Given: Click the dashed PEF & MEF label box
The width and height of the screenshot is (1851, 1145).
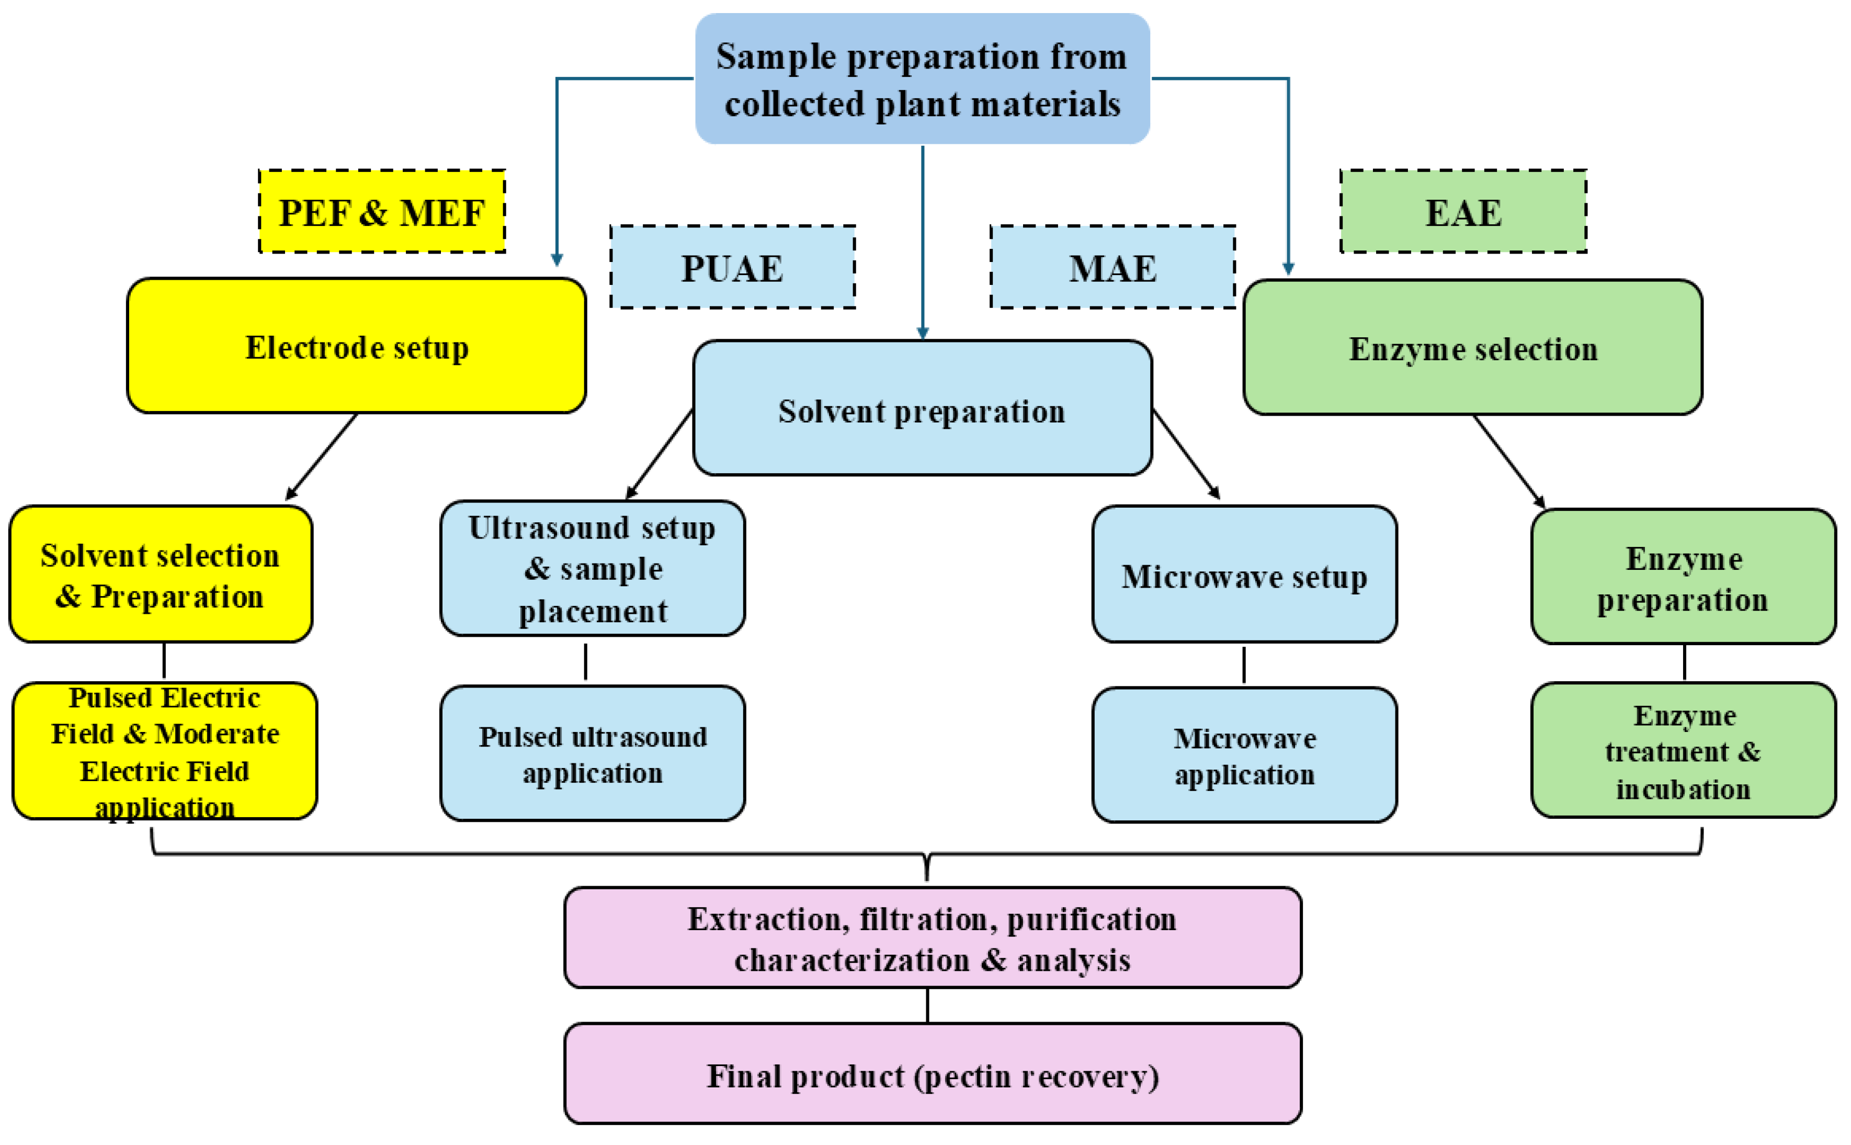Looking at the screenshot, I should [x=382, y=211].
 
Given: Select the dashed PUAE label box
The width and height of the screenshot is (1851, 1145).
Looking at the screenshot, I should [x=732, y=267].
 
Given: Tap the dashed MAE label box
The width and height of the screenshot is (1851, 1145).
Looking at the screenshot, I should [x=1112, y=267].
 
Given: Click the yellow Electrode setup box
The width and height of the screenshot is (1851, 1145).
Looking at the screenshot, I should [x=356, y=346].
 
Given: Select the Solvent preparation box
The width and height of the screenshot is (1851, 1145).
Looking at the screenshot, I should [x=922, y=409].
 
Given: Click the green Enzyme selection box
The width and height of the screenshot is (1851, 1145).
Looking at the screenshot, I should [x=1472, y=348].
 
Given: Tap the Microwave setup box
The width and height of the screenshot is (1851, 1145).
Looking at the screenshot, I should [x=1244, y=575].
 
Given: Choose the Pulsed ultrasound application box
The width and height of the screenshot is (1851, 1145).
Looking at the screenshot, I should [x=592, y=753].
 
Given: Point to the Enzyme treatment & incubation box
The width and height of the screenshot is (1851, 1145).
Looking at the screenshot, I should [x=1683, y=750].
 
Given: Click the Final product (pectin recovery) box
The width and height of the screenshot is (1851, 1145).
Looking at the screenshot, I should [x=933, y=1074].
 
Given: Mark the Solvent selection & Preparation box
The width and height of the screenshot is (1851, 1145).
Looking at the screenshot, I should [x=161, y=575].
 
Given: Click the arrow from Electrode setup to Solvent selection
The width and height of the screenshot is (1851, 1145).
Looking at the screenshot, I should [x=322, y=456].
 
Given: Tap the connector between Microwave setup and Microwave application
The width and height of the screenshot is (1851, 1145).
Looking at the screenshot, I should [x=1244, y=664].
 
